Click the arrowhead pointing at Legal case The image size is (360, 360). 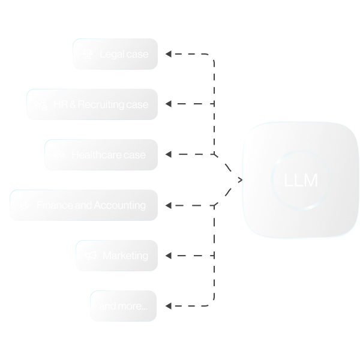click(169, 54)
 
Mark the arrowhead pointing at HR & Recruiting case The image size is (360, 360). click(169, 104)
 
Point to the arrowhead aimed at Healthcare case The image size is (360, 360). click(169, 155)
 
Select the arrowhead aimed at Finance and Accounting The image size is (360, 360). click(169, 205)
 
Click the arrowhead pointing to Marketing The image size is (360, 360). click(169, 256)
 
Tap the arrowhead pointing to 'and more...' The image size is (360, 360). click(169, 306)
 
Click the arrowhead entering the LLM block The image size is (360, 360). click(240, 180)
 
